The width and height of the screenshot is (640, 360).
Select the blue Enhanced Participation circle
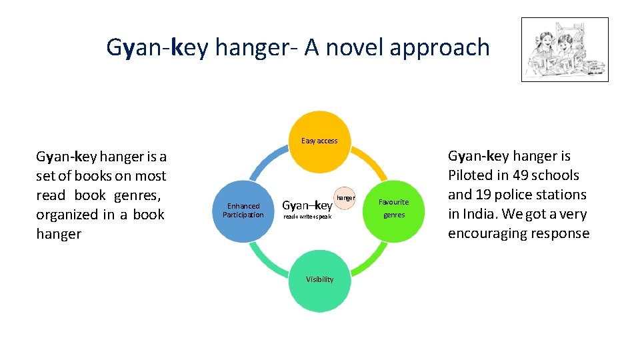(243, 210)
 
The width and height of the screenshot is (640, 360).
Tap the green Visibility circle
(319, 279)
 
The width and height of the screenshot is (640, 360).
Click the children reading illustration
(564, 49)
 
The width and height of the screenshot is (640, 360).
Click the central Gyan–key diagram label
(307, 205)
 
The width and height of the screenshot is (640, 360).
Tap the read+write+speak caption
(307, 217)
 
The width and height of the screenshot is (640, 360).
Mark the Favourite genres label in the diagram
(393, 208)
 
